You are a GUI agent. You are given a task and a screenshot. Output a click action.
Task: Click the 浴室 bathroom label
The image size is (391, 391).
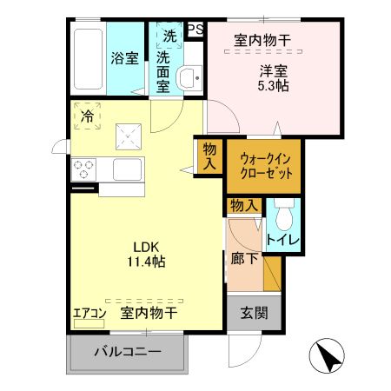(x=124, y=58)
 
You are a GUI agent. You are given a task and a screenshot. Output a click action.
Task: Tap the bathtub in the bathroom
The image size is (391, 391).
(x=87, y=58)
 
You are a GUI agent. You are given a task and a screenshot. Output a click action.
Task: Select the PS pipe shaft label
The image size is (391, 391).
(x=195, y=29)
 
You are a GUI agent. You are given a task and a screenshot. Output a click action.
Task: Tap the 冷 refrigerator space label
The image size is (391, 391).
(x=88, y=115)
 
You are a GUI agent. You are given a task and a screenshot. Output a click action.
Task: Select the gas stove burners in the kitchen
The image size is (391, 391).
(x=84, y=168)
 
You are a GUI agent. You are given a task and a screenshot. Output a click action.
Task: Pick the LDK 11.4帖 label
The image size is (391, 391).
(x=143, y=252)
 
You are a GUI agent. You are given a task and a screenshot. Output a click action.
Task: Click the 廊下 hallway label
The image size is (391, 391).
(x=244, y=257)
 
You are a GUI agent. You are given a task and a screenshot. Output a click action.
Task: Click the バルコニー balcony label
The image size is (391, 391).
(x=128, y=353)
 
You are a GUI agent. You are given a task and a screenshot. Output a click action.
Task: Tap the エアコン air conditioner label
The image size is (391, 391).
(x=89, y=312)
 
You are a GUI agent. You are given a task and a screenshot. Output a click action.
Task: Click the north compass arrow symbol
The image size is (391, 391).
(x=326, y=356)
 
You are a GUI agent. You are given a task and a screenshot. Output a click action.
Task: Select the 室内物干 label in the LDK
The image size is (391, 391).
(x=148, y=312)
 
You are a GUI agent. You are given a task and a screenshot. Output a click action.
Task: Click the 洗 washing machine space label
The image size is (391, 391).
(x=169, y=36)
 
